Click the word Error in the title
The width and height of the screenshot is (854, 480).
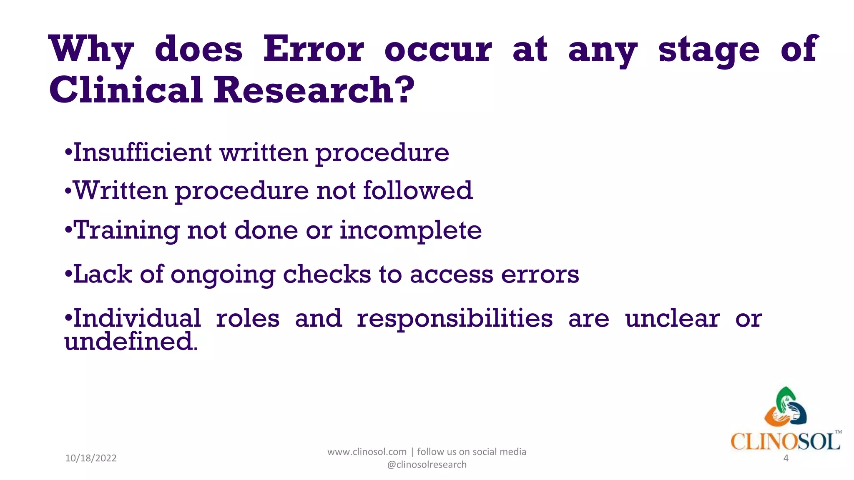tap(314, 49)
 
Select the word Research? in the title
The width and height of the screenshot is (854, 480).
tap(314, 90)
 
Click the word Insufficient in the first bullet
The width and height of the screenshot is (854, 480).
tap(143, 152)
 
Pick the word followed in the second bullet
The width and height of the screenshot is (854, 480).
tap(418, 190)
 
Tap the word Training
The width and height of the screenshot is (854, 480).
tap(127, 230)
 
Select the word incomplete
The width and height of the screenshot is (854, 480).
tap(410, 230)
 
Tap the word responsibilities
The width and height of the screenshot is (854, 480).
tap(455, 319)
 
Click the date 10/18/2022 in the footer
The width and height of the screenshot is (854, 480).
tap(91, 458)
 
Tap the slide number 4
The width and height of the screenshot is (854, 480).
tap(786, 458)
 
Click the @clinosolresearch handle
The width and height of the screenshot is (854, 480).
tap(427, 465)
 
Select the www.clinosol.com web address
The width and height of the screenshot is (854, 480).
tap(367, 452)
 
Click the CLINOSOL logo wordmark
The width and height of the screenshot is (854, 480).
tap(785, 441)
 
